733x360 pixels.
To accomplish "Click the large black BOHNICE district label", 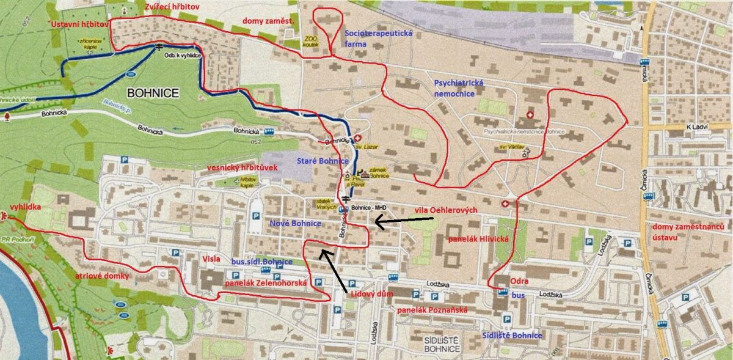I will click(x=153, y=93).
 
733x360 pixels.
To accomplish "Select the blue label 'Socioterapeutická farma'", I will click(x=370, y=39).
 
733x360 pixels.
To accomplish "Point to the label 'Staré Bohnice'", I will click(x=322, y=161).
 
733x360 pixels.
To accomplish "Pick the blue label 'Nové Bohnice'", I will click(x=295, y=224).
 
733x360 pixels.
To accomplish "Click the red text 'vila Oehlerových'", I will click(x=445, y=210).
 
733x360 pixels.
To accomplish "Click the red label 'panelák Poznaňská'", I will click(x=432, y=310).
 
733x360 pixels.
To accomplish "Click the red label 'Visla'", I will click(x=211, y=259).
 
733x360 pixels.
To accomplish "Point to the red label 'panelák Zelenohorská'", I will click(x=265, y=282).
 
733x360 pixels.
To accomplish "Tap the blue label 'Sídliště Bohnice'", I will click(x=511, y=336).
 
